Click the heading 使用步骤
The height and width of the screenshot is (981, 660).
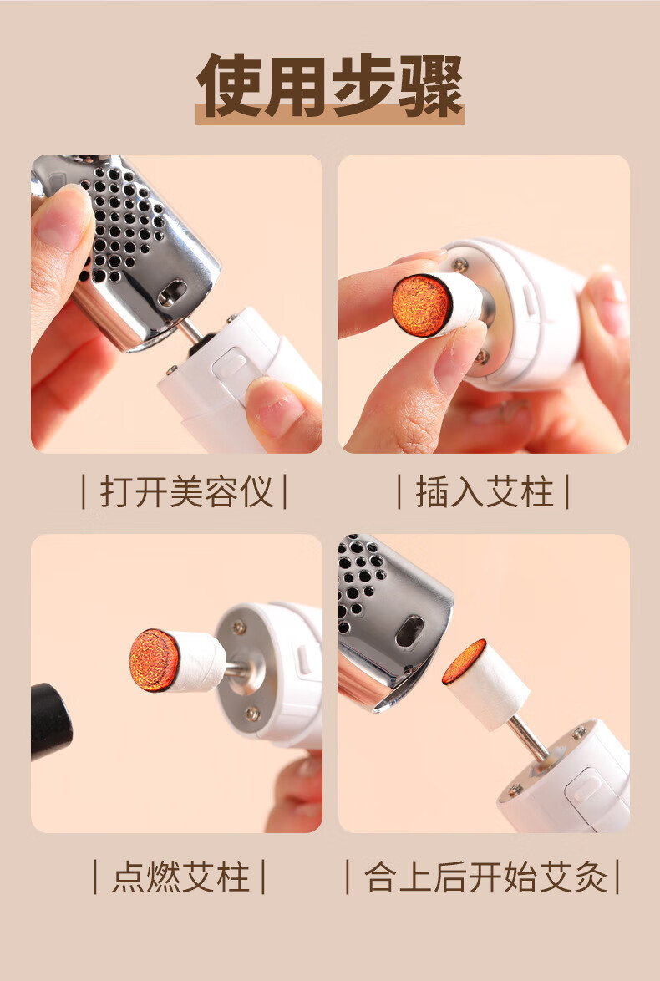click(330, 86)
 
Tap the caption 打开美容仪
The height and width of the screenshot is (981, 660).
click(185, 491)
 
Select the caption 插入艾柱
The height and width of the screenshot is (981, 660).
click(485, 491)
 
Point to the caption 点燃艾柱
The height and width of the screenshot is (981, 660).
click(180, 877)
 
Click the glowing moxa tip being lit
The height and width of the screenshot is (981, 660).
click(154, 660)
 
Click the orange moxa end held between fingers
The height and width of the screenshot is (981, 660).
click(422, 305)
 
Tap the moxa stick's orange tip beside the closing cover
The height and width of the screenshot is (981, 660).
click(464, 662)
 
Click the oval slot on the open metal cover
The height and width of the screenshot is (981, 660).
click(172, 292)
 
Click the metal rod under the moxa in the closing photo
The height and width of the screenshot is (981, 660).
click(529, 738)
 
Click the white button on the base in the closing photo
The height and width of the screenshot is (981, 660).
click(581, 785)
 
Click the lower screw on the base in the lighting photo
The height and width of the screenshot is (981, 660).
click(252, 713)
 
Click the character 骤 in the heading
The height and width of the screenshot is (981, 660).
click(431, 86)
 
